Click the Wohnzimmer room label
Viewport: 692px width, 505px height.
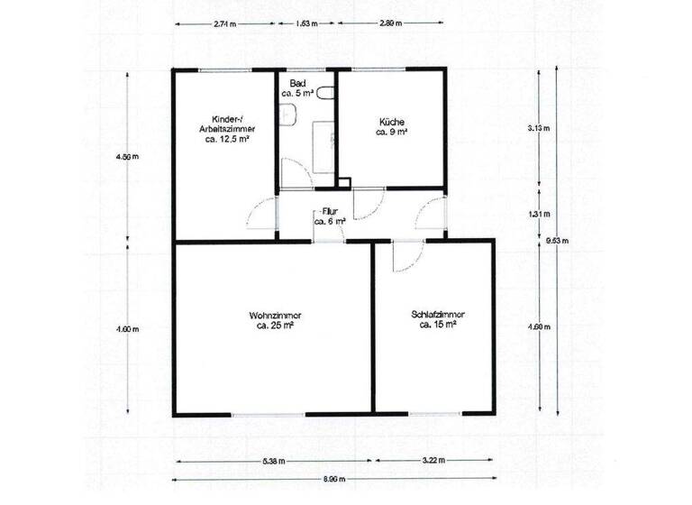(x=275, y=320)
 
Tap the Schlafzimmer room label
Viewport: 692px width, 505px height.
(x=437, y=320)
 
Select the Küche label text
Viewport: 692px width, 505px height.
(x=392, y=126)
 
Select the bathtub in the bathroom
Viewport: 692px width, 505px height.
(x=323, y=144)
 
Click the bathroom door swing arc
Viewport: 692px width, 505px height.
(x=295, y=171)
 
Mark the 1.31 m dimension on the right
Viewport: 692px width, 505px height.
(x=539, y=214)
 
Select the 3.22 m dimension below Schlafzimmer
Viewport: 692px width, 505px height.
(x=433, y=461)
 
